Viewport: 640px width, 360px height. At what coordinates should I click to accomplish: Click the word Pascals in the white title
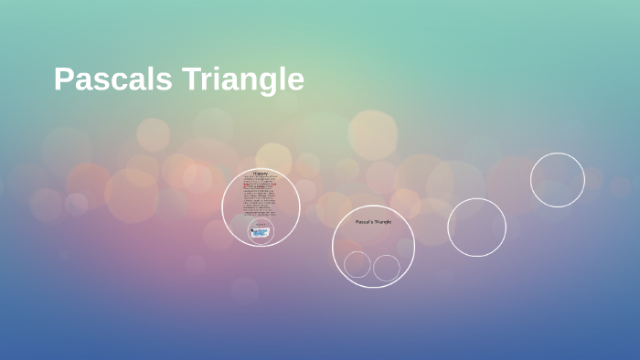tap(112, 79)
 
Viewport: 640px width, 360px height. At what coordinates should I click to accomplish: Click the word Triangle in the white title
tap(242, 79)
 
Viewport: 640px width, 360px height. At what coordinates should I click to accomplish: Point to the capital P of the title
tap(63, 79)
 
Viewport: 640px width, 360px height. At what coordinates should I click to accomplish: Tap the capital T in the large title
tap(190, 79)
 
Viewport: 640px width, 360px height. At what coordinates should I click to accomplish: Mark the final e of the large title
tap(295, 81)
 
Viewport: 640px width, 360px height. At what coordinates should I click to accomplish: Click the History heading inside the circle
tap(261, 174)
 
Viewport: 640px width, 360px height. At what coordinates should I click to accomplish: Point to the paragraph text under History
tap(261, 197)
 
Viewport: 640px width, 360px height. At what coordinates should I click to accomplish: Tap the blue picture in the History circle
tap(261, 232)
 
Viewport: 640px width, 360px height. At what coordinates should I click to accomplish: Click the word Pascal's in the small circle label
tap(364, 222)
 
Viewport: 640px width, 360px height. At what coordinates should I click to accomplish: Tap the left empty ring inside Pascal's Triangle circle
tap(357, 265)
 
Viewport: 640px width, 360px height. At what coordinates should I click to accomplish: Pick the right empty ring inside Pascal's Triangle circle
tap(387, 268)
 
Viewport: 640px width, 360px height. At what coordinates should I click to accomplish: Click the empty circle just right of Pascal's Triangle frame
tap(476, 228)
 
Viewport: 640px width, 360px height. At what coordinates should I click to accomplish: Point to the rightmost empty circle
tap(557, 180)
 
